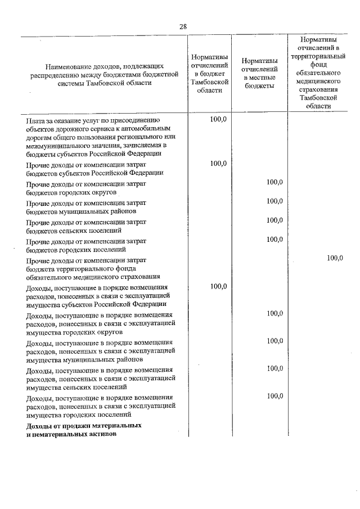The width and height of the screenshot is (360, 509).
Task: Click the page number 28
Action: (x=183, y=26)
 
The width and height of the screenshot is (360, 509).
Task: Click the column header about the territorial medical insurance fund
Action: (x=323, y=73)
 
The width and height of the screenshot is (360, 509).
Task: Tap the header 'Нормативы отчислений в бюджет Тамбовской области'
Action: (x=209, y=73)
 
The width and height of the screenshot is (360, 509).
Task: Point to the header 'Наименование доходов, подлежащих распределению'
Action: (x=105, y=74)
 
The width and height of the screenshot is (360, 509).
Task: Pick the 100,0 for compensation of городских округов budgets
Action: (x=274, y=182)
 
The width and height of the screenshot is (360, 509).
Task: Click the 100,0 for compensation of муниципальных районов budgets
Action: (x=274, y=201)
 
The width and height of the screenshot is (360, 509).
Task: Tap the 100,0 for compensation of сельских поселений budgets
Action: (x=274, y=220)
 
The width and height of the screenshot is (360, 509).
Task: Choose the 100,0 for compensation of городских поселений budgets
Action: (x=274, y=239)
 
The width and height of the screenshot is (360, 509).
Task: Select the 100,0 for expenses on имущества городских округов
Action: (x=274, y=313)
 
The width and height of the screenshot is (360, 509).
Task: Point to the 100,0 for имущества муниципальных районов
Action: (x=274, y=340)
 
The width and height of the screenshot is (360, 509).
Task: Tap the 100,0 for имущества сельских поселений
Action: (x=274, y=368)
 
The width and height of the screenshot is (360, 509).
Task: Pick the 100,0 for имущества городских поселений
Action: (x=274, y=395)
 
